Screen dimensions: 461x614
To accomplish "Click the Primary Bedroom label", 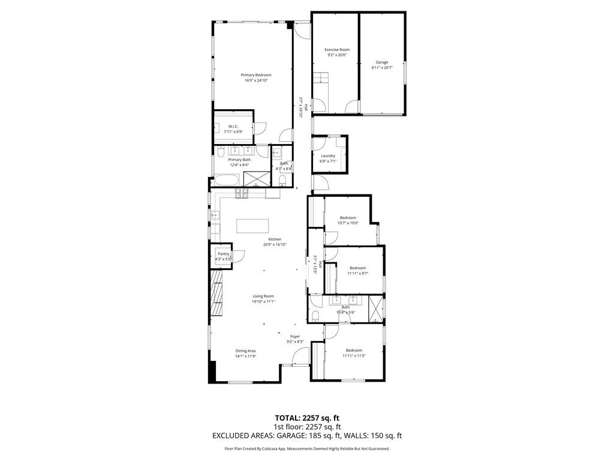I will [256, 75].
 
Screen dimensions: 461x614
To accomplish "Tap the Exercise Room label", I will [337, 49].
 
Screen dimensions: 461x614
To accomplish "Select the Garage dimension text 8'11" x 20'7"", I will [382, 68].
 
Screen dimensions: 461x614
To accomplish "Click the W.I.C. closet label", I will [234, 126].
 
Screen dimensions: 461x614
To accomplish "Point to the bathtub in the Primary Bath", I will [227, 180].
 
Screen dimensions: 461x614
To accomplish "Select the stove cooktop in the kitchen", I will [242, 193].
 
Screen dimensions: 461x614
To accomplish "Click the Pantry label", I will [223, 254].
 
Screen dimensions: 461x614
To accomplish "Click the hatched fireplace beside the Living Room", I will [216, 294].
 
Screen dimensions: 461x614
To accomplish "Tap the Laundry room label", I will [328, 155].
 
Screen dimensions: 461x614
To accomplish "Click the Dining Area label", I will [245, 351].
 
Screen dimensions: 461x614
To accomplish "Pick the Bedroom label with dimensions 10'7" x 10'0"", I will [348, 217].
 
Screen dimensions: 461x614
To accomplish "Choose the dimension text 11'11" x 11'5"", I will [354, 356].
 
